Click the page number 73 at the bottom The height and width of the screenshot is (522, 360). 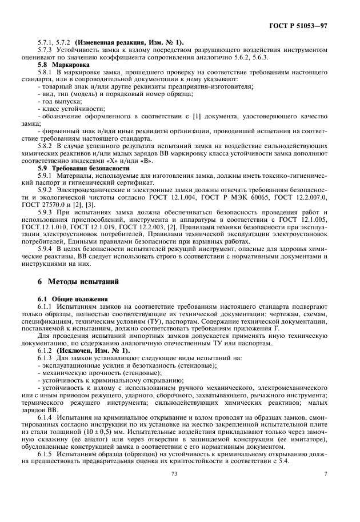coord(174,473)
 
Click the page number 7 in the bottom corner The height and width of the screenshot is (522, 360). coord(325,473)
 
